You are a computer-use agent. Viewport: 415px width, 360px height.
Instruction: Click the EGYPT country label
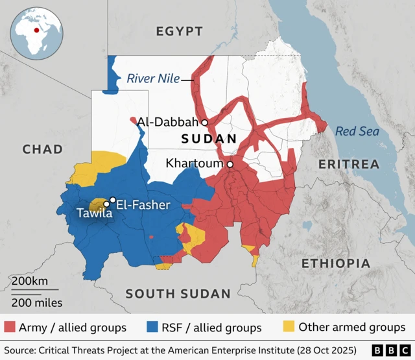click(179, 31)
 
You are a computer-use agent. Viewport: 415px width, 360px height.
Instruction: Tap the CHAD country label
click(43, 149)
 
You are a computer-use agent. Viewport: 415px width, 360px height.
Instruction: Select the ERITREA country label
click(349, 165)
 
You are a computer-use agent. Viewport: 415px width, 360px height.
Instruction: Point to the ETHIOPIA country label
click(336, 263)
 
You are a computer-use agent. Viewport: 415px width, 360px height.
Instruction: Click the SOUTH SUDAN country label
click(178, 294)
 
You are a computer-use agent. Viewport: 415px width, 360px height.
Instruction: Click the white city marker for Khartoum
click(230, 165)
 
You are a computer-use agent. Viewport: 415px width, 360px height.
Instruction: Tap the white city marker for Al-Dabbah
click(204, 122)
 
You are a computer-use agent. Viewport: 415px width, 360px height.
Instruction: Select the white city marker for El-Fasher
click(113, 200)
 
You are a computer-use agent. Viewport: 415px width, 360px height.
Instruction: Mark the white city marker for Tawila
click(106, 204)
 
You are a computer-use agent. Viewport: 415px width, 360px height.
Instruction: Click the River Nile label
click(153, 79)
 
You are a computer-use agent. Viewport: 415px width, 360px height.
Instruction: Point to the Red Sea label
click(357, 132)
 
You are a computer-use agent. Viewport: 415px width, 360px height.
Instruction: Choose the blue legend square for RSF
click(153, 327)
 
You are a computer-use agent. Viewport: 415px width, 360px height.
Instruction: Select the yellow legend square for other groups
click(289, 327)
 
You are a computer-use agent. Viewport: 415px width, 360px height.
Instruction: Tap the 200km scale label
click(29, 281)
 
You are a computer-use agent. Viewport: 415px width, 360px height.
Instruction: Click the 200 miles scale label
click(36, 302)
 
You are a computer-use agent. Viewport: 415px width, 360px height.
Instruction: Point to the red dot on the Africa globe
click(36, 28)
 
